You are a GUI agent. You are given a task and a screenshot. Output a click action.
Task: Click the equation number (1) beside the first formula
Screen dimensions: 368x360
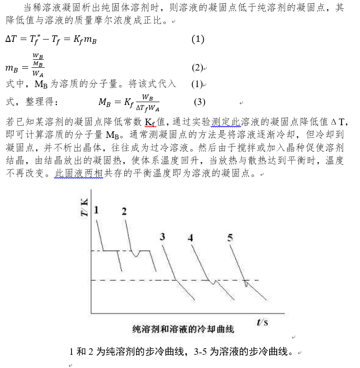[198, 40]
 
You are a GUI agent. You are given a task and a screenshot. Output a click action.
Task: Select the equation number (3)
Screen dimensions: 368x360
[200, 102]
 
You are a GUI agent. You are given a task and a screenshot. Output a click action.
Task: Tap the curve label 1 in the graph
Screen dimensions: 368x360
[96, 210]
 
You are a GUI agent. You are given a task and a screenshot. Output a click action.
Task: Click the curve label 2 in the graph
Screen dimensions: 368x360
[124, 211]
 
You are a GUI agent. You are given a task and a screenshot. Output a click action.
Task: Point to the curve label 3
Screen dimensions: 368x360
[162, 236]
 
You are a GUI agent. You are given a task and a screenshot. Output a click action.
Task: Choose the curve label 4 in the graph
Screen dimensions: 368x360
[190, 238]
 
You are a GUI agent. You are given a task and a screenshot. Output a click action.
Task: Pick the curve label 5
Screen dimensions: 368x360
[230, 238]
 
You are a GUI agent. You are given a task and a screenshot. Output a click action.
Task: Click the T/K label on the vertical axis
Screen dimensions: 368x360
[84, 208]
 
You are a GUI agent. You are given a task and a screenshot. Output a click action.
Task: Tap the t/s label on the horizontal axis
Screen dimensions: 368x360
[262, 322]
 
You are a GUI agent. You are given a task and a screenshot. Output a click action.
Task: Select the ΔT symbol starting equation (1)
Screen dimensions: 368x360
[10, 40]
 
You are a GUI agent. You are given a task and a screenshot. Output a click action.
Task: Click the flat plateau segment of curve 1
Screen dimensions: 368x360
[111, 251]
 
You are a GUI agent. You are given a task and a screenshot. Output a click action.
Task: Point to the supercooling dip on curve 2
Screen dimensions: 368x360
[136, 256]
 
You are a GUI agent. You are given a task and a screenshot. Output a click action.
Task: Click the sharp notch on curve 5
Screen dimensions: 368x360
[246, 284]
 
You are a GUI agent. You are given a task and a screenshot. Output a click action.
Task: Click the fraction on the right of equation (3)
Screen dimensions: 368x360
[148, 102]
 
